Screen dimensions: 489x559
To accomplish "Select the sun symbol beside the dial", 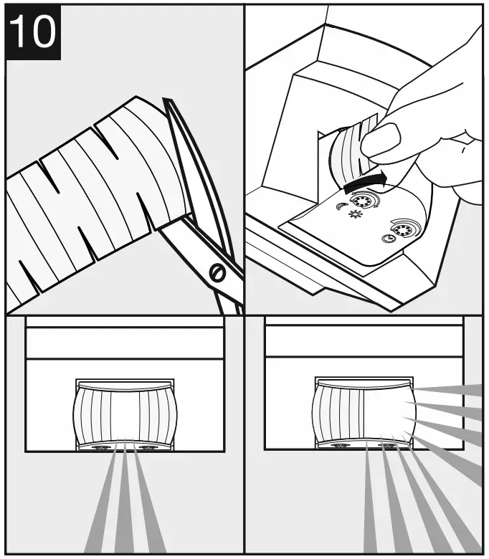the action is tap(353, 214).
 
